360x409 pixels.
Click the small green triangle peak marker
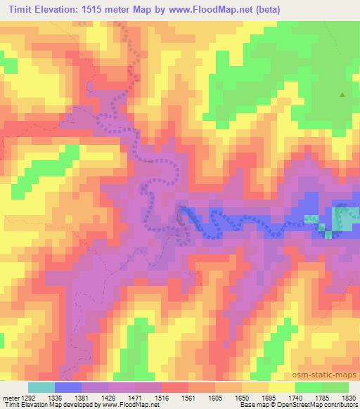(342, 94)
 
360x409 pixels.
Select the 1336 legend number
(54, 397)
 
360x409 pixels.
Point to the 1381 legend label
(82, 397)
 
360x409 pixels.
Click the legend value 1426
(109, 397)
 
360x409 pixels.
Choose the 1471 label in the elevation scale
(136, 397)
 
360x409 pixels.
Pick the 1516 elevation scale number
(164, 397)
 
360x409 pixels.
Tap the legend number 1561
(191, 397)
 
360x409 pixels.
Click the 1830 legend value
(349, 397)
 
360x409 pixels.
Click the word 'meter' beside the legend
(9, 397)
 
